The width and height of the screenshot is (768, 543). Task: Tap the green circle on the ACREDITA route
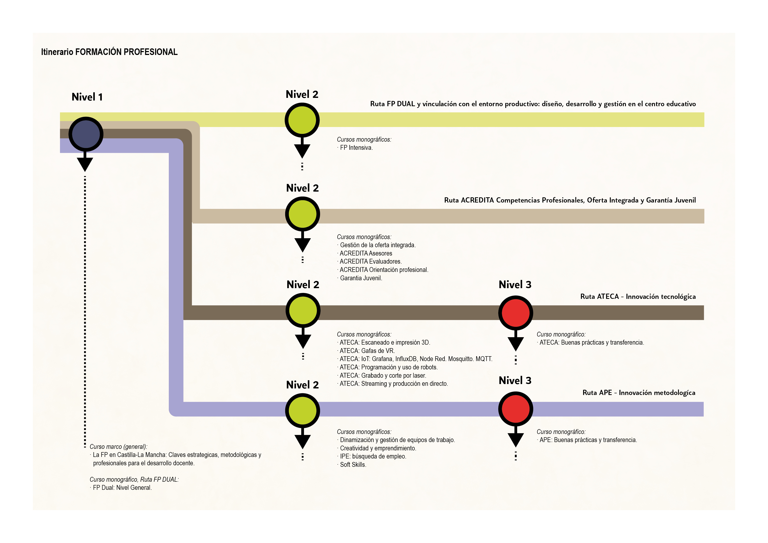pyautogui.click(x=302, y=214)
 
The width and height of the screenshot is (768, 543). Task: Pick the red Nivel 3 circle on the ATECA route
pyautogui.click(x=515, y=313)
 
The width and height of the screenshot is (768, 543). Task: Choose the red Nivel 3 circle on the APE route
pyautogui.click(x=515, y=409)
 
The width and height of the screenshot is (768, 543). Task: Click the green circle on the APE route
pyautogui.click(x=302, y=411)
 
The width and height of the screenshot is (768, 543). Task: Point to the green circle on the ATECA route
pyautogui.click(x=303, y=310)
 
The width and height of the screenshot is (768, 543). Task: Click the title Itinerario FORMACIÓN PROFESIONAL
pyautogui.click(x=109, y=52)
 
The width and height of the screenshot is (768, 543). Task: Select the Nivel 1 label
pyautogui.click(x=87, y=97)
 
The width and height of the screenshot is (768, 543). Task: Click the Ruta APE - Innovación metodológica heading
pyautogui.click(x=639, y=392)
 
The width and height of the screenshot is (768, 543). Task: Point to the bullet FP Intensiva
pyautogui.click(x=356, y=148)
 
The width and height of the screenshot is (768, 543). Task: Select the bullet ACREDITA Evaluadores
pyautogui.click(x=370, y=261)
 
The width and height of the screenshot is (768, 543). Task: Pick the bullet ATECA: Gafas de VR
pyautogui.click(x=367, y=351)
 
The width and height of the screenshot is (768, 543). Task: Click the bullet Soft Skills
pyautogui.click(x=353, y=464)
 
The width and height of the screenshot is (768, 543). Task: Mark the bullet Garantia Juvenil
pyautogui.click(x=361, y=278)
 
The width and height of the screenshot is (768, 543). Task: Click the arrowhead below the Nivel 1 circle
pyautogui.click(x=85, y=164)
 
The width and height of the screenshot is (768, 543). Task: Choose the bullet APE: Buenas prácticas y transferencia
pyautogui.click(x=588, y=440)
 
